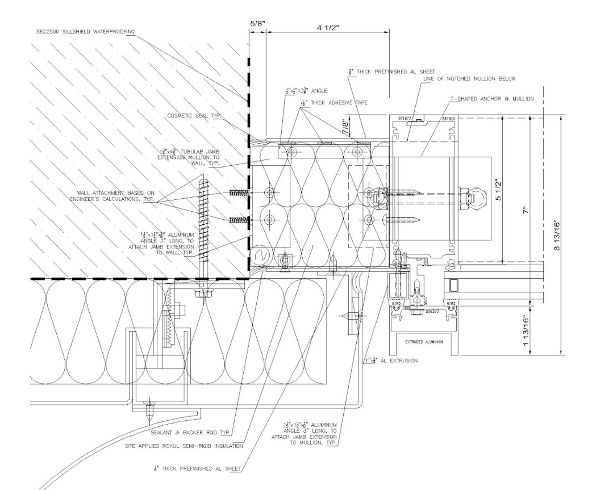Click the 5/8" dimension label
click(x=257, y=23)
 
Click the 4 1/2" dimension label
click(x=328, y=28)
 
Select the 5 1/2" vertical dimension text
click(x=498, y=189)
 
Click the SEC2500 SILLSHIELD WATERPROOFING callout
click(x=85, y=32)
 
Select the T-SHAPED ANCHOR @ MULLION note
click(x=492, y=99)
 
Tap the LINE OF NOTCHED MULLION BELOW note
click(x=469, y=78)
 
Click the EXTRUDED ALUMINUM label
click(x=424, y=342)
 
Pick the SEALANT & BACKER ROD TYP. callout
click(x=191, y=433)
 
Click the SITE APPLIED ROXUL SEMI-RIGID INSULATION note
click(x=184, y=446)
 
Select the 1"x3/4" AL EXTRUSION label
click(x=391, y=361)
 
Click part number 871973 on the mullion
click(x=404, y=119)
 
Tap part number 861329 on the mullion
click(x=448, y=119)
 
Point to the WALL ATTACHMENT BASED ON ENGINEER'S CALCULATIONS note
click(x=112, y=196)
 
